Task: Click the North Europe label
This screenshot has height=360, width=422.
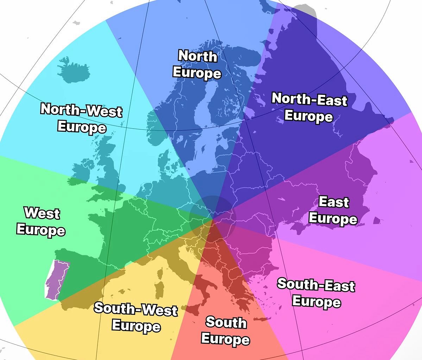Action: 197,64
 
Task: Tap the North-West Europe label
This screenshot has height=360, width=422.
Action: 82,118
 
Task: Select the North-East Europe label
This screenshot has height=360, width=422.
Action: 309,107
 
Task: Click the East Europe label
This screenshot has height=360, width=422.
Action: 333,210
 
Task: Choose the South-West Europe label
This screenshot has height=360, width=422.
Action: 136,317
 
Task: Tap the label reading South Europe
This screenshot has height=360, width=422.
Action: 225,330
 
